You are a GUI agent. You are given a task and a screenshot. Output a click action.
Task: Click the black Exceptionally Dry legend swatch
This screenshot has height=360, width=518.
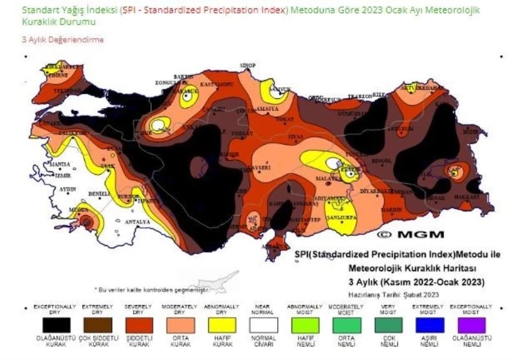coord(55,325)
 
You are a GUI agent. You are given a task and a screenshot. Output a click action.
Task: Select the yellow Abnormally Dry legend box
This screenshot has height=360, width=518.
coord(219,325)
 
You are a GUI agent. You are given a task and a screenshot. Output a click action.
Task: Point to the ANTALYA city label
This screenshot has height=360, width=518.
coord(137,222)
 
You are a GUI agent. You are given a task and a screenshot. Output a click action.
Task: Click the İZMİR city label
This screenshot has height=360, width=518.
coord(63,175)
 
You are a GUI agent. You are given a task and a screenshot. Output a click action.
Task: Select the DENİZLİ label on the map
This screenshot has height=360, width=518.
coord(100,194)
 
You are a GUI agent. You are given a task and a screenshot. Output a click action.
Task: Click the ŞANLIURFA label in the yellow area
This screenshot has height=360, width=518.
coord(341,218)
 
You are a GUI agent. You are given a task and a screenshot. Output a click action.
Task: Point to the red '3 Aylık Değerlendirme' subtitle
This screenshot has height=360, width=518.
coord(63,40)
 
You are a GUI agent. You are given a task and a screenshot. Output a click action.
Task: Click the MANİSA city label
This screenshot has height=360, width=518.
coord(60,164)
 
